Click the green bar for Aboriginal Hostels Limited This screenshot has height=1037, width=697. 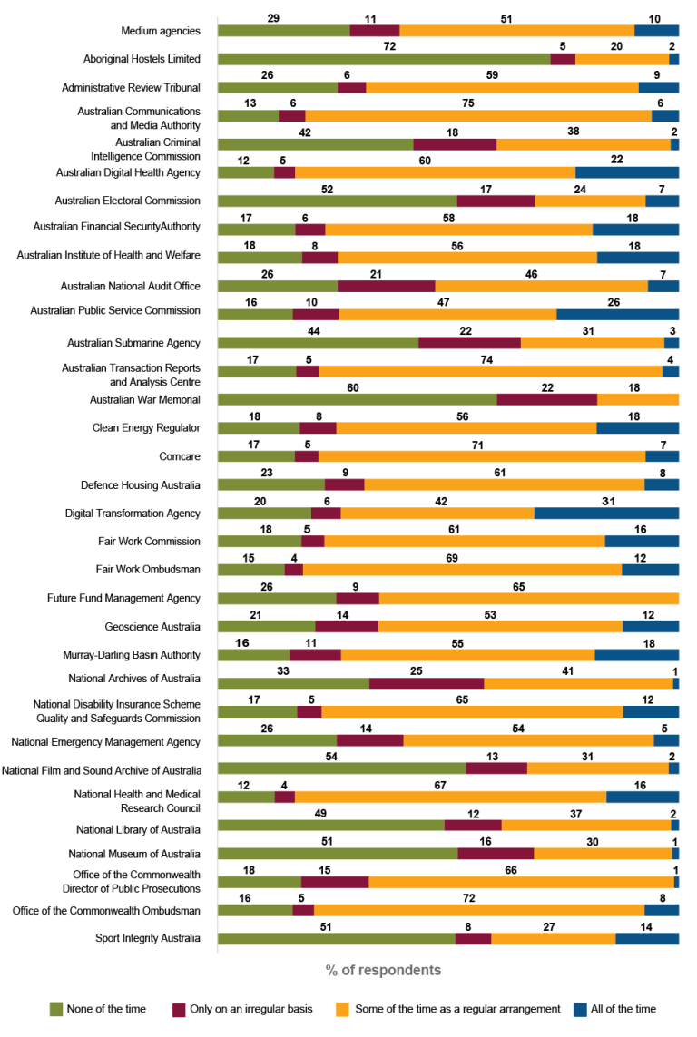coord(384,59)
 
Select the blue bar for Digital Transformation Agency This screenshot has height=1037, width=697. coord(606,513)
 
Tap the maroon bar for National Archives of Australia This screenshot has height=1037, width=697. coord(427,683)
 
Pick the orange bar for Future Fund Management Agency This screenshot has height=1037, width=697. coord(529,598)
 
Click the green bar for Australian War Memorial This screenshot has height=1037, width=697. coord(358,399)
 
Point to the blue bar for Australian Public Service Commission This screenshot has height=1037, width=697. coord(617,314)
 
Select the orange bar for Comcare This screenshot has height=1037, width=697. coord(481,456)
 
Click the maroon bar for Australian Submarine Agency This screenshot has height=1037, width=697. coord(469,343)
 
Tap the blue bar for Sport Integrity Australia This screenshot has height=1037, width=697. coord(647,938)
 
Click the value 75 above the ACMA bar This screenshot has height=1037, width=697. coord(467,103)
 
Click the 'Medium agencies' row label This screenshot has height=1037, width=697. coord(161,31)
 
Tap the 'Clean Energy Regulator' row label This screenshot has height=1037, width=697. coord(146,427)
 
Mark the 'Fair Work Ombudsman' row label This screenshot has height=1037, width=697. coord(148,570)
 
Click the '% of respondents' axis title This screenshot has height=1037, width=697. coord(384,970)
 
